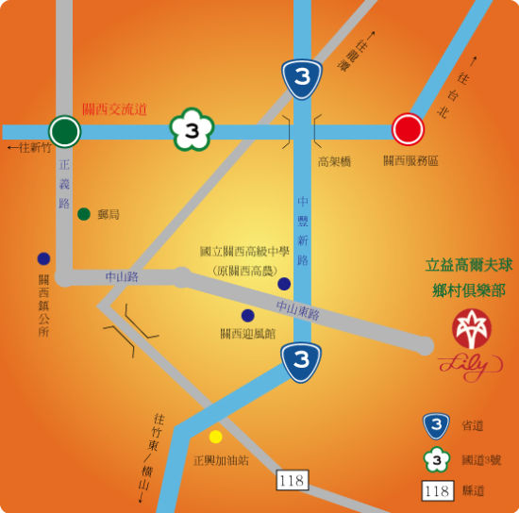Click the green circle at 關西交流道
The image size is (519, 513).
pyautogui.click(x=65, y=131)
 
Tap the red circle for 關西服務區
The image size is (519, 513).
pyautogui.click(x=409, y=130)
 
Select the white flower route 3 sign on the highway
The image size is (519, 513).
pyautogui.click(x=191, y=131)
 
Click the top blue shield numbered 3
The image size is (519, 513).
pyautogui.click(x=301, y=77)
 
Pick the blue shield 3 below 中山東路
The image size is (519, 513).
pyautogui.click(x=301, y=361)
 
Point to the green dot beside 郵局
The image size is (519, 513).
pyautogui.click(x=84, y=214)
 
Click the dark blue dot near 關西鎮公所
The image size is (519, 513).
pyautogui.click(x=43, y=258)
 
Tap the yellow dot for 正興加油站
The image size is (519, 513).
pyautogui.click(x=216, y=437)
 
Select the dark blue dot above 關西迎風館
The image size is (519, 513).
pyautogui.click(x=247, y=315)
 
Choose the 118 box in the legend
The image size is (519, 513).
pyautogui.click(x=436, y=490)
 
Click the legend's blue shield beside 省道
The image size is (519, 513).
pyautogui.click(x=435, y=426)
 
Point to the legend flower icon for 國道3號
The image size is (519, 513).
pyautogui.click(x=435, y=459)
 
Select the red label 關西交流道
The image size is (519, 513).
pyautogui.click(x=115, y=109)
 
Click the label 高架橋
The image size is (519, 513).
pyautogui.click(x=334, y=162)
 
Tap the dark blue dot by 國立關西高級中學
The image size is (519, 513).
pyautogui.click(x=284, y=284)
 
